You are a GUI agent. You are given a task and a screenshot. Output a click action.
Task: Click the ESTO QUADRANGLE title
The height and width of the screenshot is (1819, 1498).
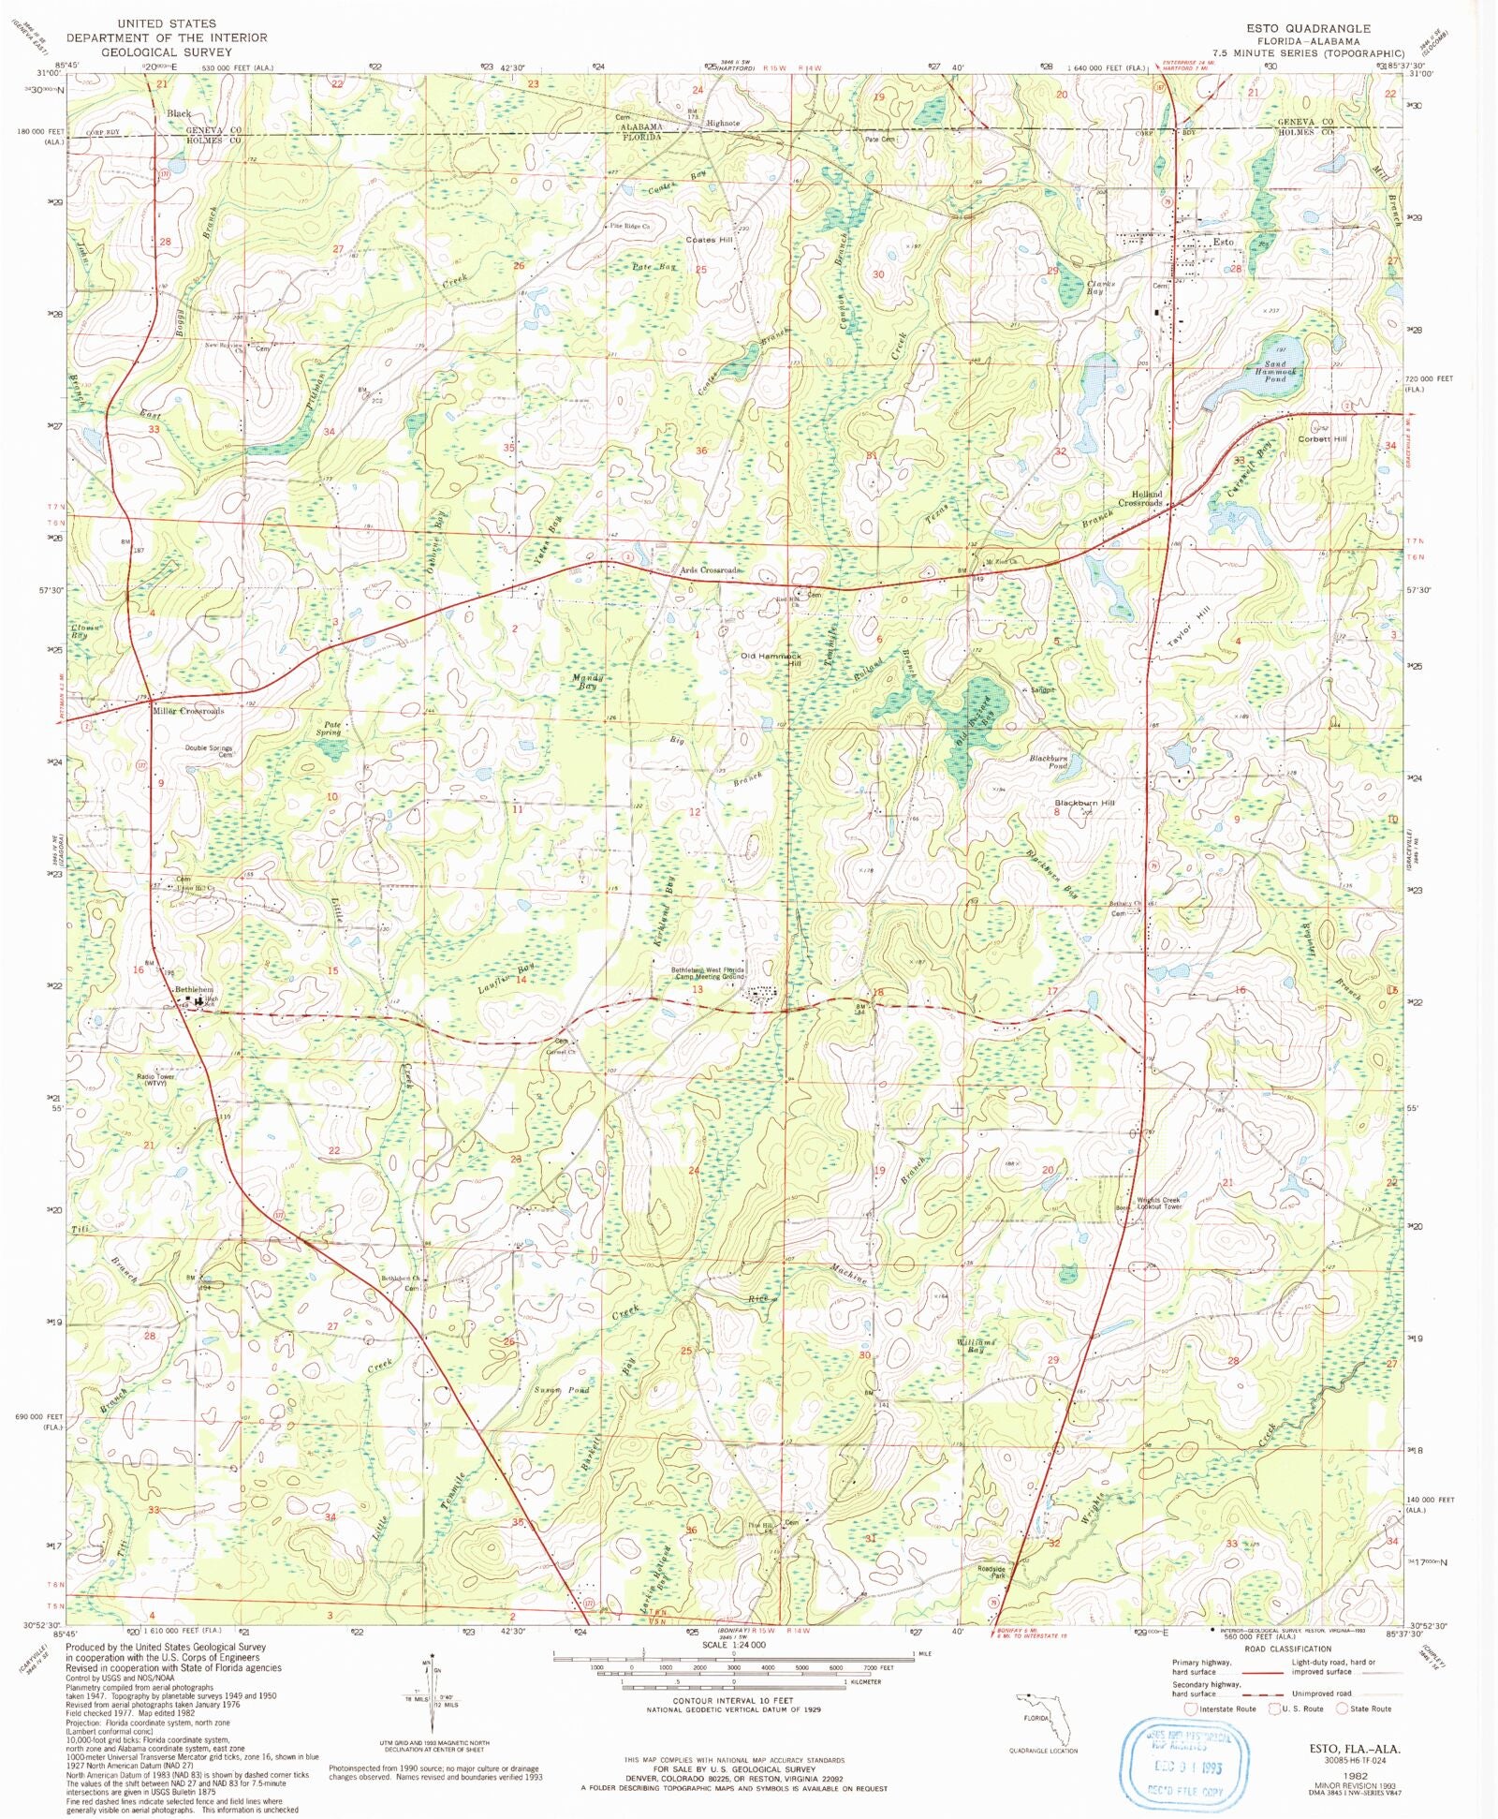click(1307, 29)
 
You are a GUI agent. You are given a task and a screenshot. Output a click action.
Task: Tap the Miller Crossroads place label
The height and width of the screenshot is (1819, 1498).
click(188, 711)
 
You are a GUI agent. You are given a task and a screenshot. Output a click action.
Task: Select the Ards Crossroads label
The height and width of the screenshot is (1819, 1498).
click(711, 569)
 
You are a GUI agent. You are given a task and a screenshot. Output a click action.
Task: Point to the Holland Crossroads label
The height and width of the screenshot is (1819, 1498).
click(1140, 498)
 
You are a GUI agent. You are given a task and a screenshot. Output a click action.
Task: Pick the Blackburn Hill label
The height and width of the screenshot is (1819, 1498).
click(1084, 804)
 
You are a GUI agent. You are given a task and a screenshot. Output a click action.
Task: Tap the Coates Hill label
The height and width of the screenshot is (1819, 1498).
click(709, 240)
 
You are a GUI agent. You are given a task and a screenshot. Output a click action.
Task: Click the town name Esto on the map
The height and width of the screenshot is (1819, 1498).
click(1224, 242)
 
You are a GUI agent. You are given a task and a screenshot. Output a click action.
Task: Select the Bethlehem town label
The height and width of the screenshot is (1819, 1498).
click(195, 990)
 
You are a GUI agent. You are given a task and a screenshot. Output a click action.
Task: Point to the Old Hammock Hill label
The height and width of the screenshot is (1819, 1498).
click(771, 660)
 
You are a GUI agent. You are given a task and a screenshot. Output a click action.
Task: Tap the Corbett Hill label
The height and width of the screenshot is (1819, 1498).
click(1322, 439)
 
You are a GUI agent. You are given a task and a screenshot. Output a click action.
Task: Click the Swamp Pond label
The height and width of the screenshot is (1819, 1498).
click(562, 1390)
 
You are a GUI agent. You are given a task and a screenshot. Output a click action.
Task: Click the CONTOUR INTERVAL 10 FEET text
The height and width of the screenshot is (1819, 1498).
click(732, 1700)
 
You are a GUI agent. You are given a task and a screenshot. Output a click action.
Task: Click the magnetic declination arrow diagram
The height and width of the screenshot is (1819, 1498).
click(432, 1697)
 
